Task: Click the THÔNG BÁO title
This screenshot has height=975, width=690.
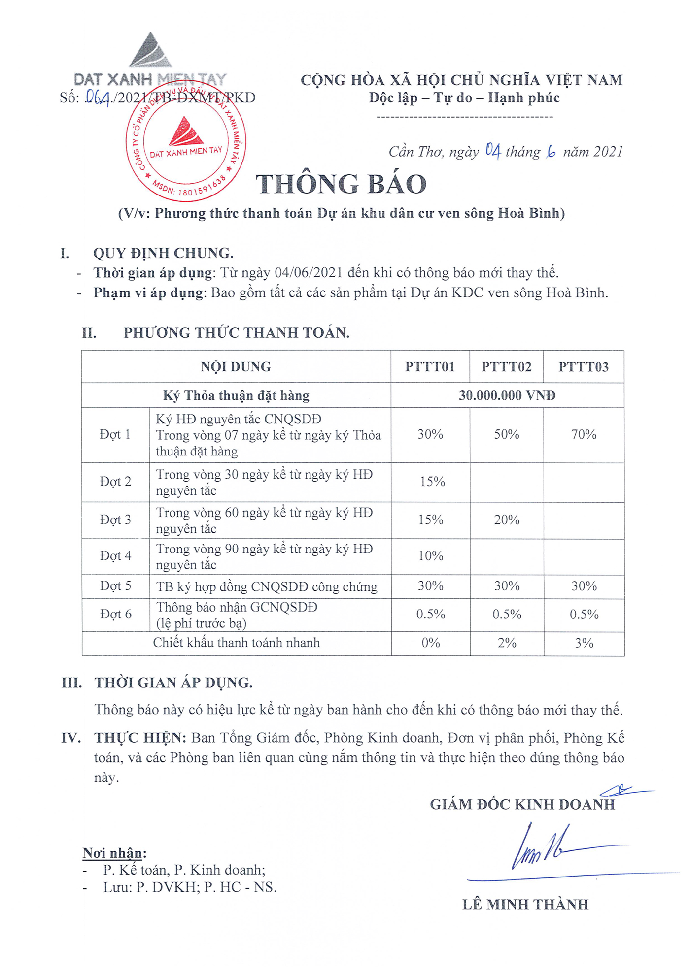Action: [341, 184]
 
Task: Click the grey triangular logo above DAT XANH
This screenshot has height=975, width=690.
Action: [150, 51]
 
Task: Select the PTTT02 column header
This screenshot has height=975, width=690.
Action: [506, 367]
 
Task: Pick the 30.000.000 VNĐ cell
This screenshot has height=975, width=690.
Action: [507, 395]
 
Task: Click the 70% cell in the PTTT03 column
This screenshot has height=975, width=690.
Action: [584, 434]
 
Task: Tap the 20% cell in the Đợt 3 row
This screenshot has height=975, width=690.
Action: [507, 520]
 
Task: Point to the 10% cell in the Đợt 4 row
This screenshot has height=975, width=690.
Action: [431, 556]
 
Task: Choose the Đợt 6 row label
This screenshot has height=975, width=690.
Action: [116, 614]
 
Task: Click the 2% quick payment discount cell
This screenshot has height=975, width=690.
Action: [507, 643]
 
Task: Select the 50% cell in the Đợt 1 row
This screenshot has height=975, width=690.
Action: [507, 434]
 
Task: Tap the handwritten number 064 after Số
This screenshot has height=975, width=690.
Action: [97, 98]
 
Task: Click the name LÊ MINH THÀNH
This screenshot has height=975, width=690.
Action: [525, 904]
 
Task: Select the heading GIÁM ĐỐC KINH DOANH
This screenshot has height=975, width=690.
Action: [522, 804]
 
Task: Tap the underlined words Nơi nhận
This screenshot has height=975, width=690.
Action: [114, 853]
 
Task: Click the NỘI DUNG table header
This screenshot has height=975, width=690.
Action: [236, 367]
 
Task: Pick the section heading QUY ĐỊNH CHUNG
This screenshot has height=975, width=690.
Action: [163, 253]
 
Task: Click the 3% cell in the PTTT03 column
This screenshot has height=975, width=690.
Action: [584, 643]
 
